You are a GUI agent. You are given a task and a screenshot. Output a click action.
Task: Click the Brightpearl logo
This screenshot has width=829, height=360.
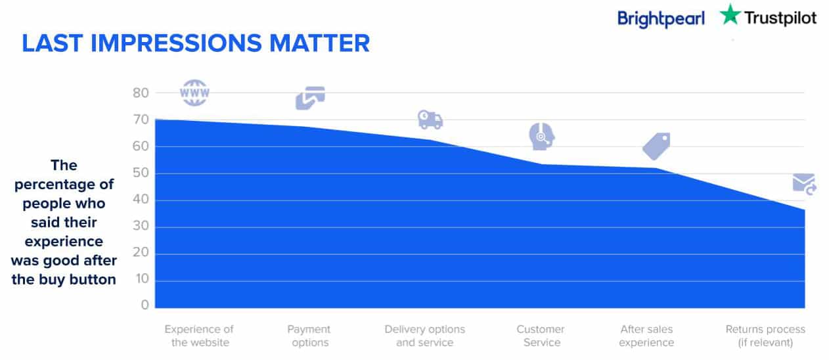[x=661, y=18]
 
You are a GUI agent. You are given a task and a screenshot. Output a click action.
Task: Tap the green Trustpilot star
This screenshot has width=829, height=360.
[x=730, y=14]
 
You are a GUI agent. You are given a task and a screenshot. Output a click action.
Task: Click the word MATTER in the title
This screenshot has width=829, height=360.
[x=319, y=43]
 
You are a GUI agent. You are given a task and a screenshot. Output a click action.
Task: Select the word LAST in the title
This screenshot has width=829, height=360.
[x=52, y=43]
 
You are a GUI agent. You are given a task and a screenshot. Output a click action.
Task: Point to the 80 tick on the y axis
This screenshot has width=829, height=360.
[x=141, y=93]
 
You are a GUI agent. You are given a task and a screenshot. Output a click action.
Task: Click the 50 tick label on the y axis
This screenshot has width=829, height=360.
[x=141, y=173]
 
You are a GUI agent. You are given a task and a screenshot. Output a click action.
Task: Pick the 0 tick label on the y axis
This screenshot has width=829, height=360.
[x=145, y=305]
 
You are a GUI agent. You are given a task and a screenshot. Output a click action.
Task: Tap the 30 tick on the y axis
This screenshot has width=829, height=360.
[x=141, y=226]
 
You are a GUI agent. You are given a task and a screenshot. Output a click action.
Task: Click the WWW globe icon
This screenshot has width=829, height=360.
[x=194, y=93]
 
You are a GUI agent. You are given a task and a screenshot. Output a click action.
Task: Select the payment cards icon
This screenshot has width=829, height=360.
[x=310, y=98]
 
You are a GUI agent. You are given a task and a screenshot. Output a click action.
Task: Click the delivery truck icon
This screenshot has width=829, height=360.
[x=430, y=120]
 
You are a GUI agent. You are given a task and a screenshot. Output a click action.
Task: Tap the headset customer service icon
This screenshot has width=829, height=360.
[x=541, y=137]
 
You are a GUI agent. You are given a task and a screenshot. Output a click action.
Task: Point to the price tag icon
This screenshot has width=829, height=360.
[x=656, y=146]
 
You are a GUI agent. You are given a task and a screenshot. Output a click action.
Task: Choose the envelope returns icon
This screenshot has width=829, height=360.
[x=804, y=184]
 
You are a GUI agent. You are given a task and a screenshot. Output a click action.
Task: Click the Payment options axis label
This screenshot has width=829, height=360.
[x=309, y=336]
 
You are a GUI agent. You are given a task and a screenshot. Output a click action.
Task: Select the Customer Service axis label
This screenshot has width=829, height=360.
[x=541, y=336]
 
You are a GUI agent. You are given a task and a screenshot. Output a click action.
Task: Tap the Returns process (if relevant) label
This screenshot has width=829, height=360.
[x=765, y=336]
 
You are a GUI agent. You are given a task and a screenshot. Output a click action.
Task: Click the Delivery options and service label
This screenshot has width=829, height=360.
[x=425, y=336]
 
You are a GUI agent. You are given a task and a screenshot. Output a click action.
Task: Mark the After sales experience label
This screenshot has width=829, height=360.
[x=646, y=336]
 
